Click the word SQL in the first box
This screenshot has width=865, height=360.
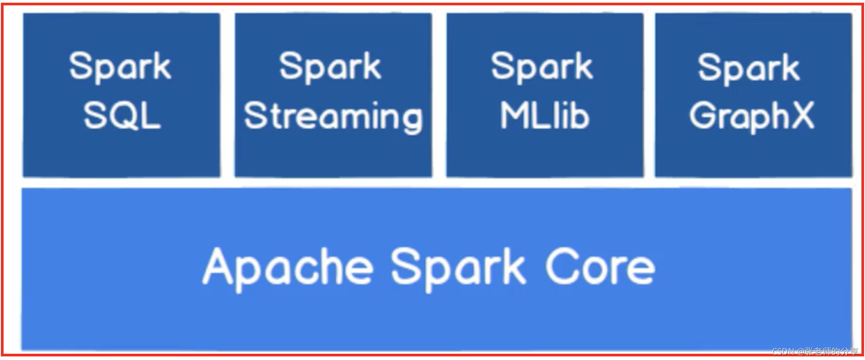(x=122, y=116)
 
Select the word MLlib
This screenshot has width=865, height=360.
(x=544, y=116)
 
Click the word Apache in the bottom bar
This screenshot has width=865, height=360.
(x=287, y=268)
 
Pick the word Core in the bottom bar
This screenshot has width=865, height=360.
(x=600, y=267)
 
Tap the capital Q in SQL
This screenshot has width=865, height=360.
(x=122, y=116)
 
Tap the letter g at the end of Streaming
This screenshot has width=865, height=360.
(x=410, y=119)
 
